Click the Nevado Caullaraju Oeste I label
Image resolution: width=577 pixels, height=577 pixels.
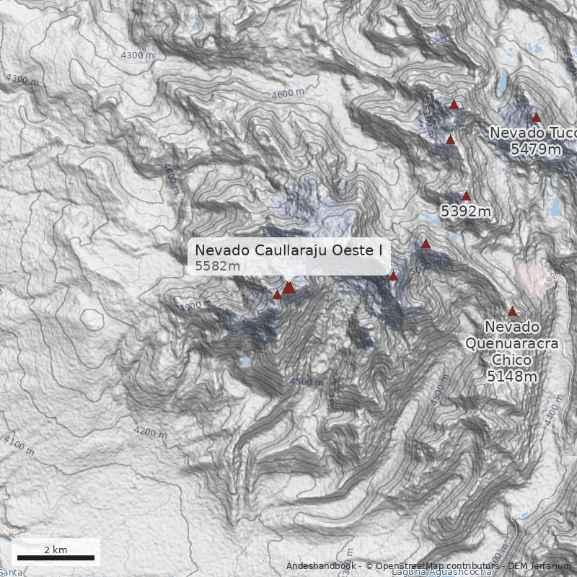coord(288,250)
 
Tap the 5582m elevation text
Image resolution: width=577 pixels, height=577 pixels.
coord(217,267)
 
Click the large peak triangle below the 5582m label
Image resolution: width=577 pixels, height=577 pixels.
coord(288,288)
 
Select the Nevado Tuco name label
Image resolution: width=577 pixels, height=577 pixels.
coord(532,133)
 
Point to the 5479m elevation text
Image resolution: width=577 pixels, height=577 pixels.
coord(535,149)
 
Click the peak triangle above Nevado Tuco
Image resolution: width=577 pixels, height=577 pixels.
coord(536,118)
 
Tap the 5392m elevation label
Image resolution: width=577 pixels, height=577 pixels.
coord(466,211)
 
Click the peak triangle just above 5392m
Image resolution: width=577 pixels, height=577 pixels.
coord(466,195)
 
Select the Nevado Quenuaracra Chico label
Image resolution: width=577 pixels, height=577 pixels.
coord(511,343)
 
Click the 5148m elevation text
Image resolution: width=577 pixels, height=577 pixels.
coord(512,376)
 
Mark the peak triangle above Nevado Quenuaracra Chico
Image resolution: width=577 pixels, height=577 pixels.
coord(512,312)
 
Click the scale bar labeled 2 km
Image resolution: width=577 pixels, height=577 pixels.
coord(56,558)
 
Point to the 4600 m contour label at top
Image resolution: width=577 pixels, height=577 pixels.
coord(288,94)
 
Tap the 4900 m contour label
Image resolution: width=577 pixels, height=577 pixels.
coord(195,306)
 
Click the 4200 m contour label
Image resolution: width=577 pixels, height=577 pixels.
coord(150,432)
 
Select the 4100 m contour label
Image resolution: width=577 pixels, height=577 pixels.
coord(19,444)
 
